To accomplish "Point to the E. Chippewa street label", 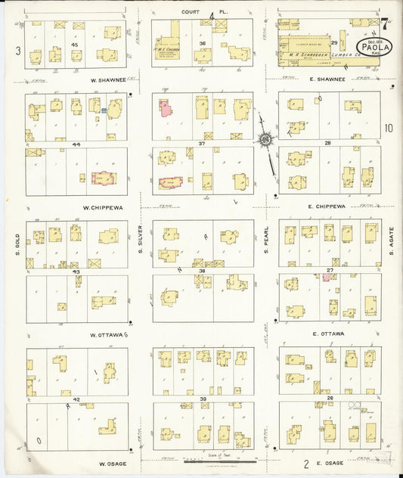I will [x=327, y=206].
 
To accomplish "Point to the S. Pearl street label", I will [x=267, y=240].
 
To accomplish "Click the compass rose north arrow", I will [x=265, y=138].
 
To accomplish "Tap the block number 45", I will [x=74, y=45].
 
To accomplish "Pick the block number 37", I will [x=202, y=144].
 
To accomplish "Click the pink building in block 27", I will [x=326, y=278].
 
